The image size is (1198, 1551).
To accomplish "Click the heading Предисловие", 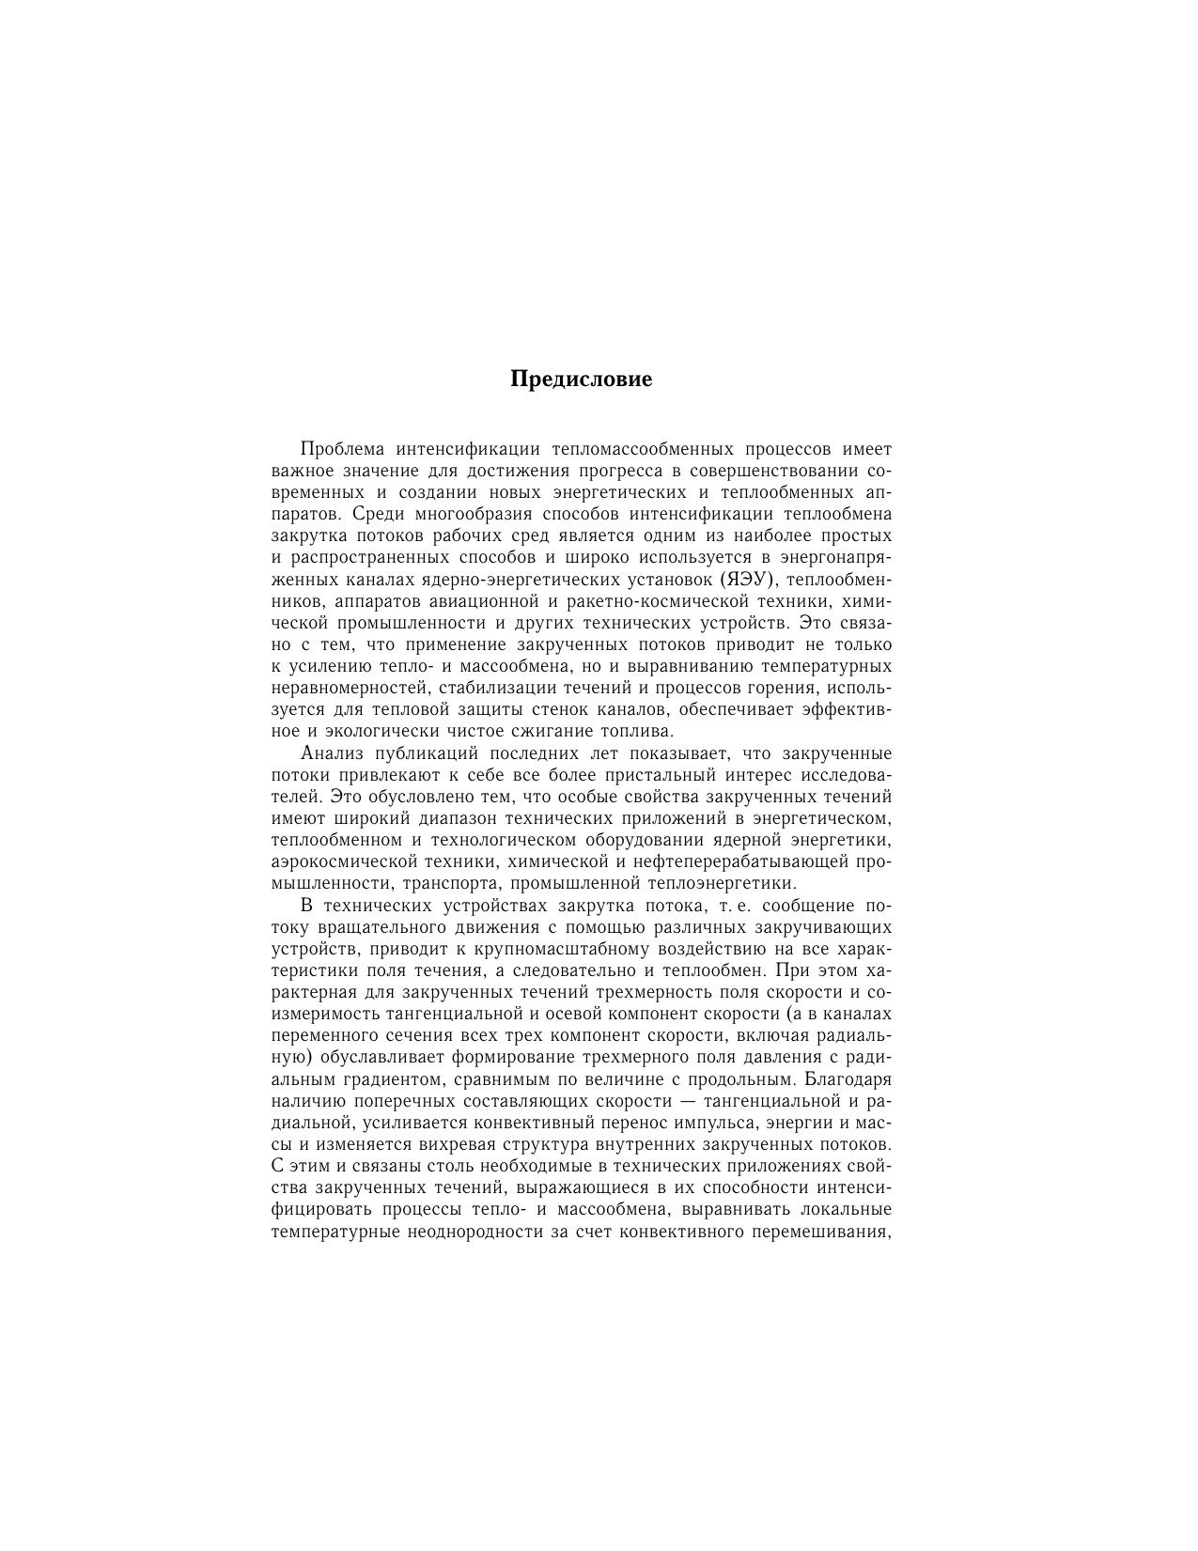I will pos(581,380).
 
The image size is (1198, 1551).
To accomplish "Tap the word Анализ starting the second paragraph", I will pos(332,753).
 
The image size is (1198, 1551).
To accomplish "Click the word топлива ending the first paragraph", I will pos(638,731).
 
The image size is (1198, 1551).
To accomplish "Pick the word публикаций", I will pos(424,753).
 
